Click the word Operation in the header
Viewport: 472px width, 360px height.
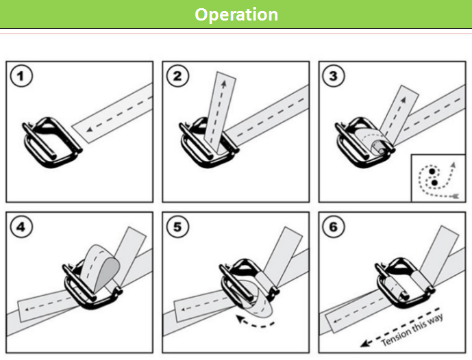pyautogui.click(x=236, y=14)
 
